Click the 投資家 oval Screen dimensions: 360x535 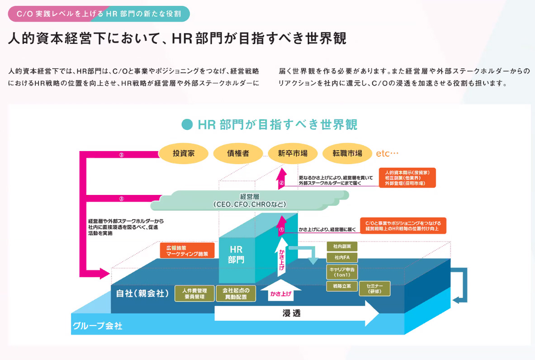[184, 153]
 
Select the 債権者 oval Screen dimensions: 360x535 [238, 153]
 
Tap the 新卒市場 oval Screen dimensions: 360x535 [293, 153]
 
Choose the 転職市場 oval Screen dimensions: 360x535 [347, 153]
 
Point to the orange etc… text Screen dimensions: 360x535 [387, 153]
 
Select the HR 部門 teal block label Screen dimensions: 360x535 [236, 254]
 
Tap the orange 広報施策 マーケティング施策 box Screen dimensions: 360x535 [187, 251]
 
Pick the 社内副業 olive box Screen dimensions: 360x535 [342, 246]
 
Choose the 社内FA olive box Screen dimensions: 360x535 [342, 258]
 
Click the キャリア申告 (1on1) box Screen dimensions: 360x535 [342, 272]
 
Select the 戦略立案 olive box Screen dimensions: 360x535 [342, 286]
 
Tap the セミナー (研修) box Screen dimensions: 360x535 [375, 289]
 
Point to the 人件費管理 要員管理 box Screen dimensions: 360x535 [194, 294]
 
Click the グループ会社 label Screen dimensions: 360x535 [97, 326]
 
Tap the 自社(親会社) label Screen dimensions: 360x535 [140, 293]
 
